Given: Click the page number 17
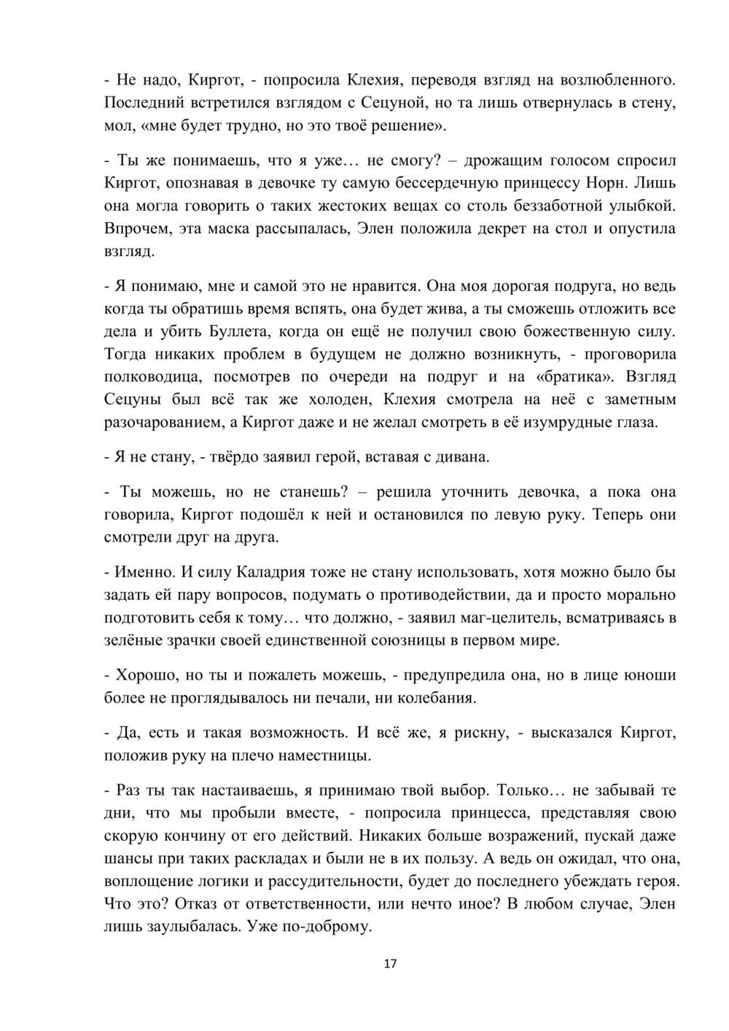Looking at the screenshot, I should pyautogui.click(x=389, y=964).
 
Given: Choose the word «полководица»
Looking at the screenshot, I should pyautogui.click(x=150, y=377).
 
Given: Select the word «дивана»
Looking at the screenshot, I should pyautogui.click(x=463, y=457).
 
